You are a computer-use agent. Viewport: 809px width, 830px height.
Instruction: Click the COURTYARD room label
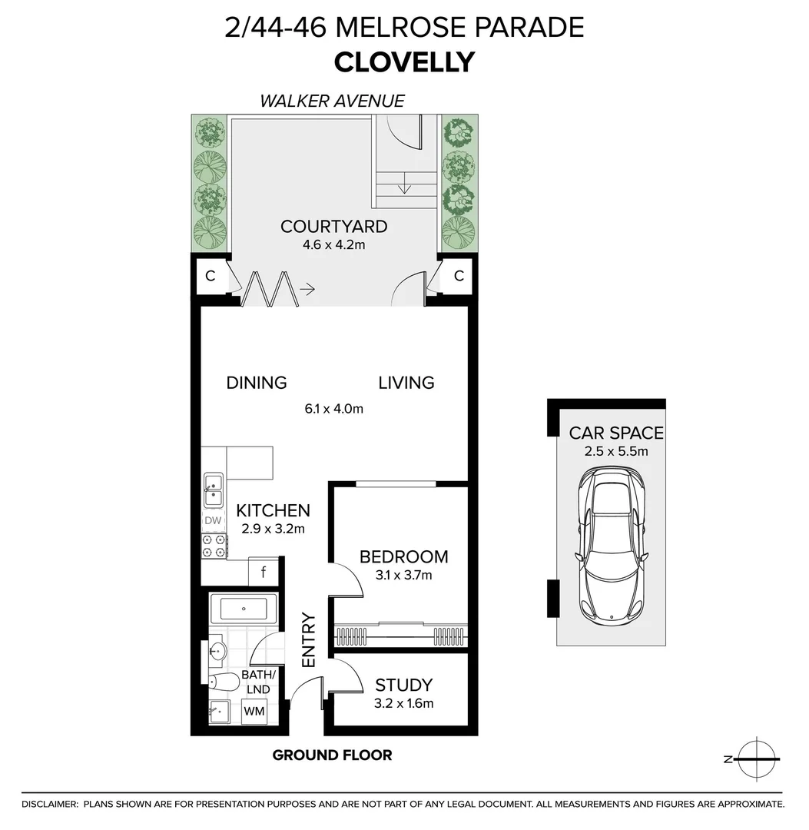[x=333, y=227]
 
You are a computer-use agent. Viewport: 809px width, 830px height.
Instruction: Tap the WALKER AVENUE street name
[x=332, y=101]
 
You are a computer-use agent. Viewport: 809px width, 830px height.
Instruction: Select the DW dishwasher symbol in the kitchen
[x=213, y=520]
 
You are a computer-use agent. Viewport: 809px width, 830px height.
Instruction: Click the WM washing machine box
[x=254, y=711]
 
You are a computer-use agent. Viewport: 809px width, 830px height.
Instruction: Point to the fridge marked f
[x=264, y=572]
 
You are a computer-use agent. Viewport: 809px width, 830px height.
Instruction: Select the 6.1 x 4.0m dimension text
[x=333, y=409]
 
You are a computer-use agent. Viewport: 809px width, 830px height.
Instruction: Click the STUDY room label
[x=403, y=685]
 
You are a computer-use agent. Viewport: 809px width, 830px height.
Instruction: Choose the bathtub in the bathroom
[x=243, y=609]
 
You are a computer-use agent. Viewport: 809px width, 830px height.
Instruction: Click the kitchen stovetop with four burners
[x=213, y=546]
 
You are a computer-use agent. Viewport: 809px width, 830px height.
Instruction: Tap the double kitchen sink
[x=213, y=490]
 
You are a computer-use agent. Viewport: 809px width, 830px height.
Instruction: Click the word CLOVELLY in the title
[x=404, y=61]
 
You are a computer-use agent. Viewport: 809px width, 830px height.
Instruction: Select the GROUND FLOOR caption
[x=332, y=755]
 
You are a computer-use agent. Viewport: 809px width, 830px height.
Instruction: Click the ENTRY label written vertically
[x=309, y=639]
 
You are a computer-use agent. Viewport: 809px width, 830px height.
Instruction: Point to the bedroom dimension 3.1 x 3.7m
[x=403, y=575]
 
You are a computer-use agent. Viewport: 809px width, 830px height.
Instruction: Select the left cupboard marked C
[x=209, y=276]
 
